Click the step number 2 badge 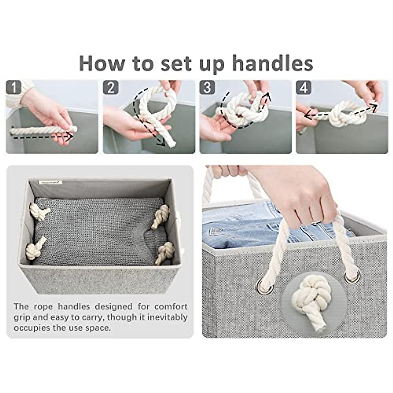pyautogui.click(x=111, y=88)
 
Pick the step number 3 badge pyautogui.click(x=207, y=88)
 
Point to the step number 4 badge pyautogui.click(x=304, y=88)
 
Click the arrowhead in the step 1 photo pyautogui.click(x=68, y=137)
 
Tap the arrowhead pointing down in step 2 pyautogui.click(x=161, y=141)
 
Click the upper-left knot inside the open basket pyautogui.click(x=39, y=211)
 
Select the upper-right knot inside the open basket pyautogui.click(x=161, y=216)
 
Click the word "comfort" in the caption pyautogui.click(x=171, y=307)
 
